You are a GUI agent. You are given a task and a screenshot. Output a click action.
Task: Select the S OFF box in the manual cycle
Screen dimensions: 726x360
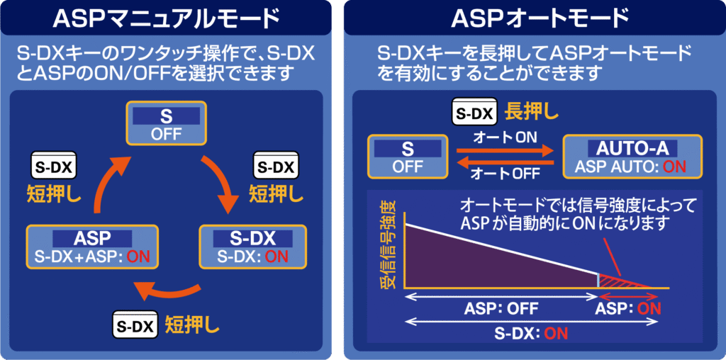pyautogui.click(x=166, y=123)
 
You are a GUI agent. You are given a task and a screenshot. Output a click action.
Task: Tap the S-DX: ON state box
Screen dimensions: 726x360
pyautogui.click(x=253, y=247)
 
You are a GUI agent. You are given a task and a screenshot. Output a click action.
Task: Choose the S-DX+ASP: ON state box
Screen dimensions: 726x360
pyautogui.click(x=92, y=247)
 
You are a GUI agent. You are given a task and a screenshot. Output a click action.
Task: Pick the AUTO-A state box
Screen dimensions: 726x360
pyautogui.click(x=632, y=157)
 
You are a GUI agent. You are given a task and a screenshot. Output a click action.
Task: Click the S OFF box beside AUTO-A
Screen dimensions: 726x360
pyautogui.click(x=408, y=157)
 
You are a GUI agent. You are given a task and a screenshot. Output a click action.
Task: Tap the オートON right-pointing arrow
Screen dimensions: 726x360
pyautogui.click(x=505, y=150)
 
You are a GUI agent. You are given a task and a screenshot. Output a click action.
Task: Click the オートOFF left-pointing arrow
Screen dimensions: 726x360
pyautogui.click(x=505, y=162)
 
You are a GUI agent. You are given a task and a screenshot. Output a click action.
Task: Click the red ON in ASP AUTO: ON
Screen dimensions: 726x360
pyautogui.click(x=675, y=166)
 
